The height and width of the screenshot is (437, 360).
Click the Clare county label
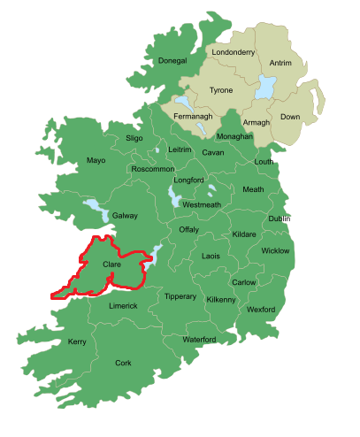111,264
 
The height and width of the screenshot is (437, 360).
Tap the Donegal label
172,61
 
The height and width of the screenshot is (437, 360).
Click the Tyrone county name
221,90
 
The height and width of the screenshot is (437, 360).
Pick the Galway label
125,215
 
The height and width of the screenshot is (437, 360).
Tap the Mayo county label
96,160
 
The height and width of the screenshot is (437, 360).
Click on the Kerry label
78,341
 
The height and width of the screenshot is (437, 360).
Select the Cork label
123,363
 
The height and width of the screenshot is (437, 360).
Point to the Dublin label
280,218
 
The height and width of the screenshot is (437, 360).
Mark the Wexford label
261,310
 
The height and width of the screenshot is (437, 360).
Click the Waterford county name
199,340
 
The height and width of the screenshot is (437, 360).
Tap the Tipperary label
180,296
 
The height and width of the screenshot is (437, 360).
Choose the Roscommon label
152,168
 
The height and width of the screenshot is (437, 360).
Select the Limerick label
123,306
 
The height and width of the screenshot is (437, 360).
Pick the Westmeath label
201,204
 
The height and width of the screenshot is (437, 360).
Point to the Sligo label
134,139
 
